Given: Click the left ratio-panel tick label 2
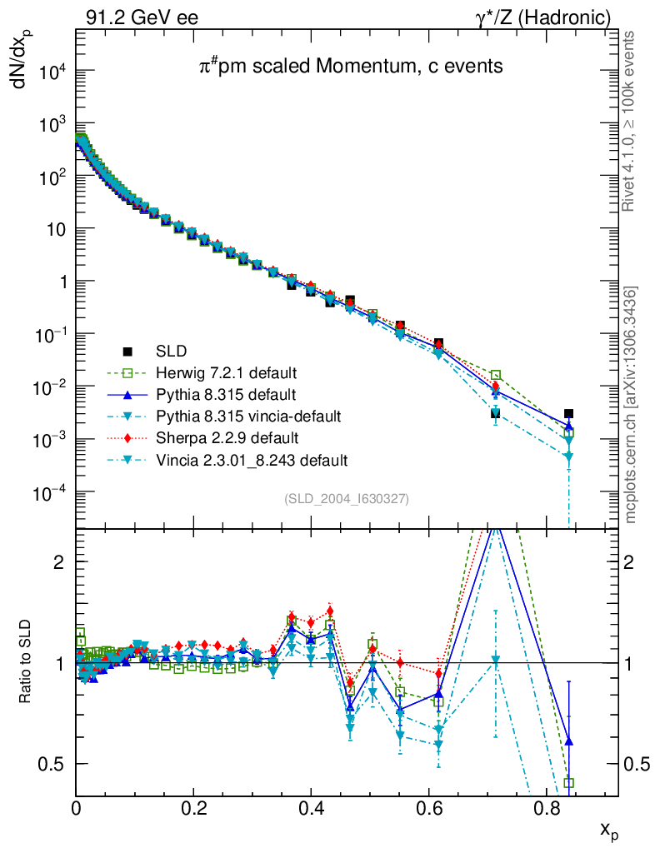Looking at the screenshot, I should pyautogui.click(x=59, y=561).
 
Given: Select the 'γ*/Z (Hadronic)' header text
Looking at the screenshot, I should pyautogui.click(x=542, y=17).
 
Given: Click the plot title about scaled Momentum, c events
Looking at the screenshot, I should pyautogui.click(x=350, y=67).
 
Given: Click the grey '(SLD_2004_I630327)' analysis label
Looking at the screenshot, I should pyautogui.click(x=347, y=499).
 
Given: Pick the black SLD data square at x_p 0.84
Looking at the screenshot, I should pyautogui.click(x=568, y=413).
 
